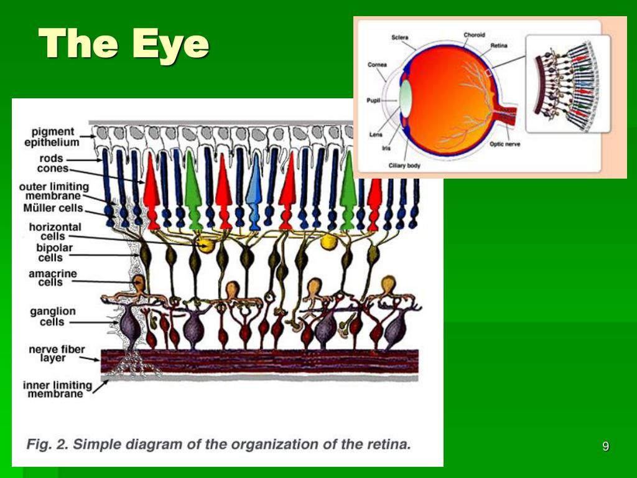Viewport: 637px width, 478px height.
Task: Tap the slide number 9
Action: (605, 446)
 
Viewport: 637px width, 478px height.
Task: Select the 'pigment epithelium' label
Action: (55, 137)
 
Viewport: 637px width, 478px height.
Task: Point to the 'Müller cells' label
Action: (53, 208)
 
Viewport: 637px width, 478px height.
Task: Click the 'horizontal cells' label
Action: (55, 232)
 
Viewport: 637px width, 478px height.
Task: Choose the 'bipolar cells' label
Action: (55, 253)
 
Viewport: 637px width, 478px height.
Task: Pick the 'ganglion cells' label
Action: (52, 316)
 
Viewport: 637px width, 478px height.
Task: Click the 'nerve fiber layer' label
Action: (56, 354)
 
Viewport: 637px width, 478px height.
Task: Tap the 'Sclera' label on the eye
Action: (399, 38)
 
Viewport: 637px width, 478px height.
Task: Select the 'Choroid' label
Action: (474, 35)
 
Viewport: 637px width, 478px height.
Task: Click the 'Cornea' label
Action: (377, 65)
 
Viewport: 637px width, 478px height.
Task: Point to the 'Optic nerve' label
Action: (504, 144)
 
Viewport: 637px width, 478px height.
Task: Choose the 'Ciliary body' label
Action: (404, 166)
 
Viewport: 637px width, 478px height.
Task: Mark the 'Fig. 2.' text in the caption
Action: (46, 444)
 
